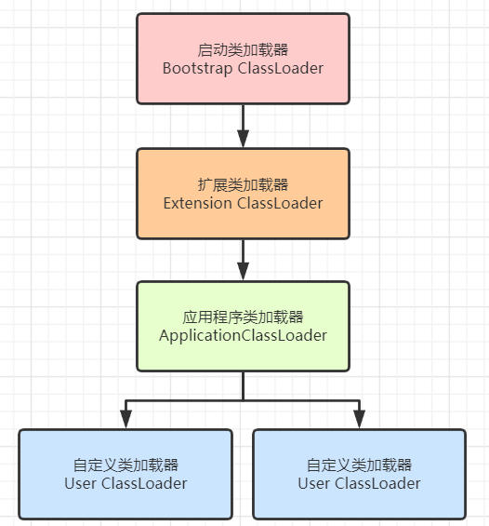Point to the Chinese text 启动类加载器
click(243, 49)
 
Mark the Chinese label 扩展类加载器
click(243, 184)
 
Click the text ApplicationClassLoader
click(243, 336)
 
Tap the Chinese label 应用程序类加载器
click(243, 317)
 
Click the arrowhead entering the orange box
click(243, 140)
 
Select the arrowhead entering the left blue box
click(126, 421)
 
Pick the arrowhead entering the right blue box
click(360, 421)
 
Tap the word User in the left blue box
click(80, 483)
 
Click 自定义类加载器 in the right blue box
click(360, 465)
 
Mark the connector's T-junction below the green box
click(243, 400)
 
